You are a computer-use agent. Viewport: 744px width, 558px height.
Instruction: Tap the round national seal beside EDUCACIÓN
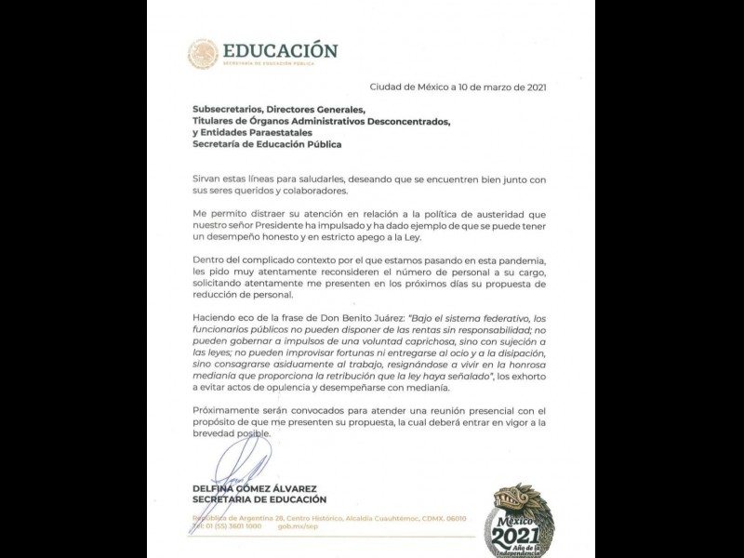pos(202,54)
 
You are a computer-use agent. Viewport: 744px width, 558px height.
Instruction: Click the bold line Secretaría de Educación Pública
pos(267,144)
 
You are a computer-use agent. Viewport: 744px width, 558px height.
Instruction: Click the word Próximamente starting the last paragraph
pos(226,410)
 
